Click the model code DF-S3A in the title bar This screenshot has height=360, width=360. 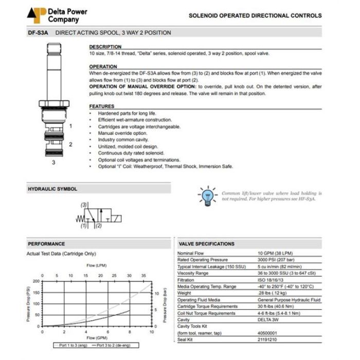[38, 33]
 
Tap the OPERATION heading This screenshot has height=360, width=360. [103, 67]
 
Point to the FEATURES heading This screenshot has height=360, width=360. [102, 106]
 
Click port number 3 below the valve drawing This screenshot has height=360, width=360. [53, 163]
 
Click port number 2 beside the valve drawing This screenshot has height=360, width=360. [70, 145]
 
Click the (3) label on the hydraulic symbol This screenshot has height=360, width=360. [84, 205]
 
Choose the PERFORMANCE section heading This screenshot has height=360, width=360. [47, 244]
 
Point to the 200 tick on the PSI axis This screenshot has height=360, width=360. [35, 281]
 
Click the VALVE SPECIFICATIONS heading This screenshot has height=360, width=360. [207, 244]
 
